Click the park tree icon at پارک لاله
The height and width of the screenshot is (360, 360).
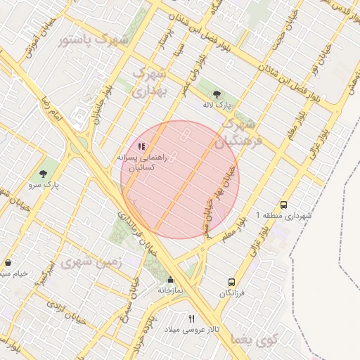click(x=216, y=94)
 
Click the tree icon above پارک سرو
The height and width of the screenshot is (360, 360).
click(x=46, y=173)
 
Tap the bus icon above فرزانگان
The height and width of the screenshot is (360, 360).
click(x=231, y=282)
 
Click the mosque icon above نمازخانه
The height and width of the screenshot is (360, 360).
click(x=169, y=279)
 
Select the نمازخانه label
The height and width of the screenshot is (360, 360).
click(x=169, y=290)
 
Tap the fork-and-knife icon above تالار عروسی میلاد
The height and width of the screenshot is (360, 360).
click(x=192, y=319)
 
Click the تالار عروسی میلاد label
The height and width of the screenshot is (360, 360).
click(x=192, y=329)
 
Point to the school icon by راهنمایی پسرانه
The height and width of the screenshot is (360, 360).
click(x=141, y=146)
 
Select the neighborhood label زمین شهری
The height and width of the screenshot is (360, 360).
click(x=91, y=262)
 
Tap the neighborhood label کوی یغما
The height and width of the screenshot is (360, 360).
click(x=254, y=340)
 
